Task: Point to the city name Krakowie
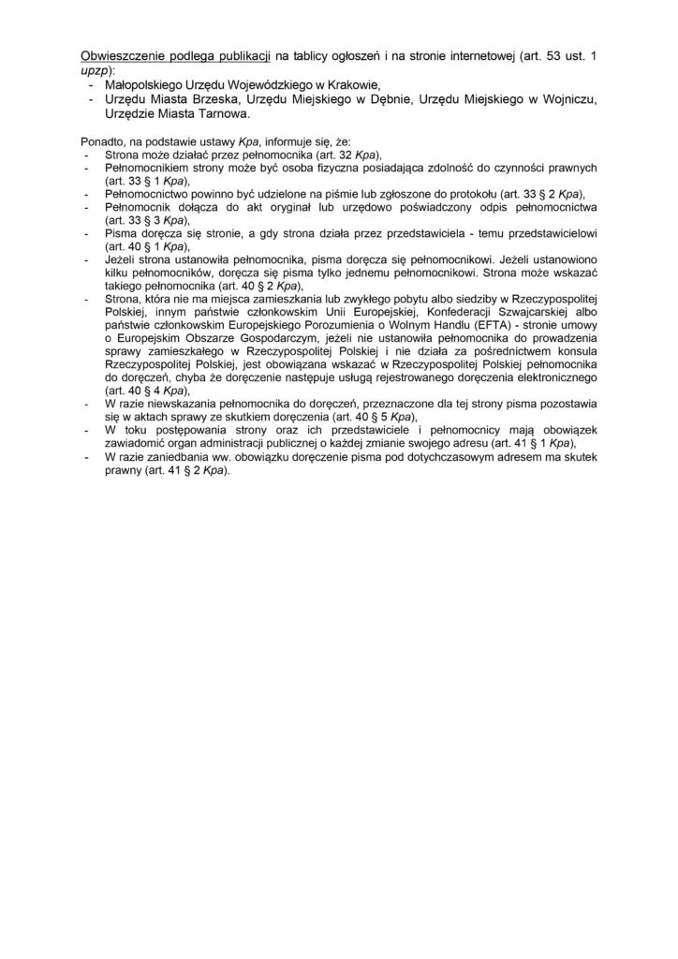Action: [x=346, y=82]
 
